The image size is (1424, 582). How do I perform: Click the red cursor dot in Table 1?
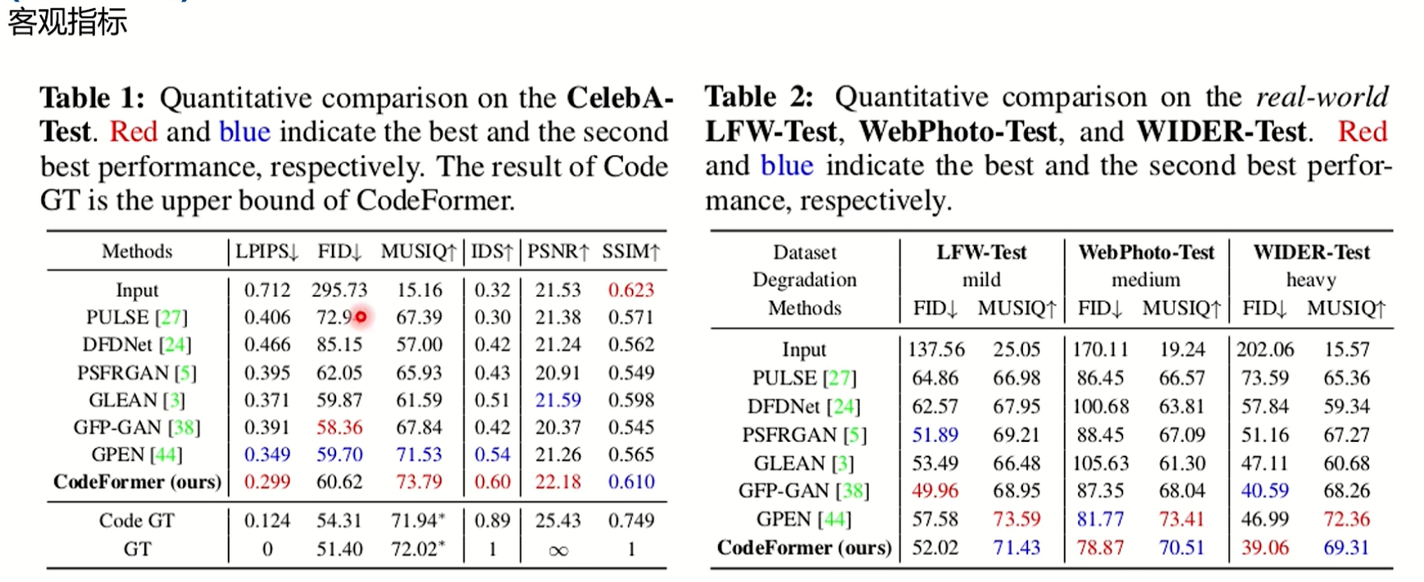click(361, 316)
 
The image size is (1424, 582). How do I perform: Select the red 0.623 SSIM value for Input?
click(630, 290)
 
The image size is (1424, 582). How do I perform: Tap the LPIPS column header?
click(266, 252)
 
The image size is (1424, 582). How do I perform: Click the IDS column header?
click(491, 252)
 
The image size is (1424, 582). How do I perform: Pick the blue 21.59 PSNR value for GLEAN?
click(557, 400)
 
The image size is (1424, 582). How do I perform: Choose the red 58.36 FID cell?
click(339, 427)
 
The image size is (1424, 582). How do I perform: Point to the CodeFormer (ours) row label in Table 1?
click(137, 482)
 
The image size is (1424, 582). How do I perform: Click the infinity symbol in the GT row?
click(557, 550)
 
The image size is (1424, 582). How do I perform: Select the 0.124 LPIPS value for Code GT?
click(267, 521)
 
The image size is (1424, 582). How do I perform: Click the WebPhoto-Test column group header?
click(1145, 252)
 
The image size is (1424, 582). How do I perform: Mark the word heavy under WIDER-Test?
click(1311, 280)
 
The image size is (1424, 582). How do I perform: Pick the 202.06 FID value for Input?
click(1265, 350)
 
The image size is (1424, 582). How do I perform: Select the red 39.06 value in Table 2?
click(1264, 548)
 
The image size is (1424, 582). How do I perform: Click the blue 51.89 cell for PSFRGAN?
click(935, 435)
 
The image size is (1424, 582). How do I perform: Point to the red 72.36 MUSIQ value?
click(1346, 519)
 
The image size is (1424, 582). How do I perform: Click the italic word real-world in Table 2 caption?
click(1322, 98)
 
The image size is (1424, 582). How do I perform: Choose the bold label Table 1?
click(92, 98)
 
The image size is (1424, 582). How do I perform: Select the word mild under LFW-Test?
click(981, 280)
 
